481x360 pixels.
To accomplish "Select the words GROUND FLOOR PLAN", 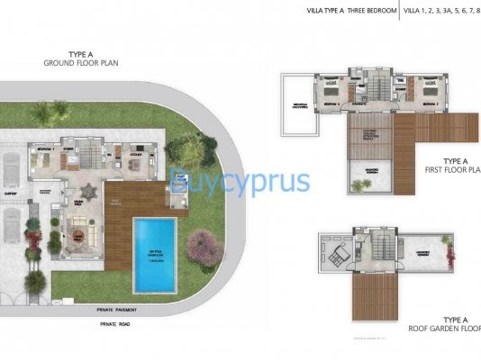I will point(82,64).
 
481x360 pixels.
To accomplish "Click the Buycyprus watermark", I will point(240,182).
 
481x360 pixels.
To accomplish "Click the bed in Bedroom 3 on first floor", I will point(330,90).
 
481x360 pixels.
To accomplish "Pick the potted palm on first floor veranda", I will point(360,184).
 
